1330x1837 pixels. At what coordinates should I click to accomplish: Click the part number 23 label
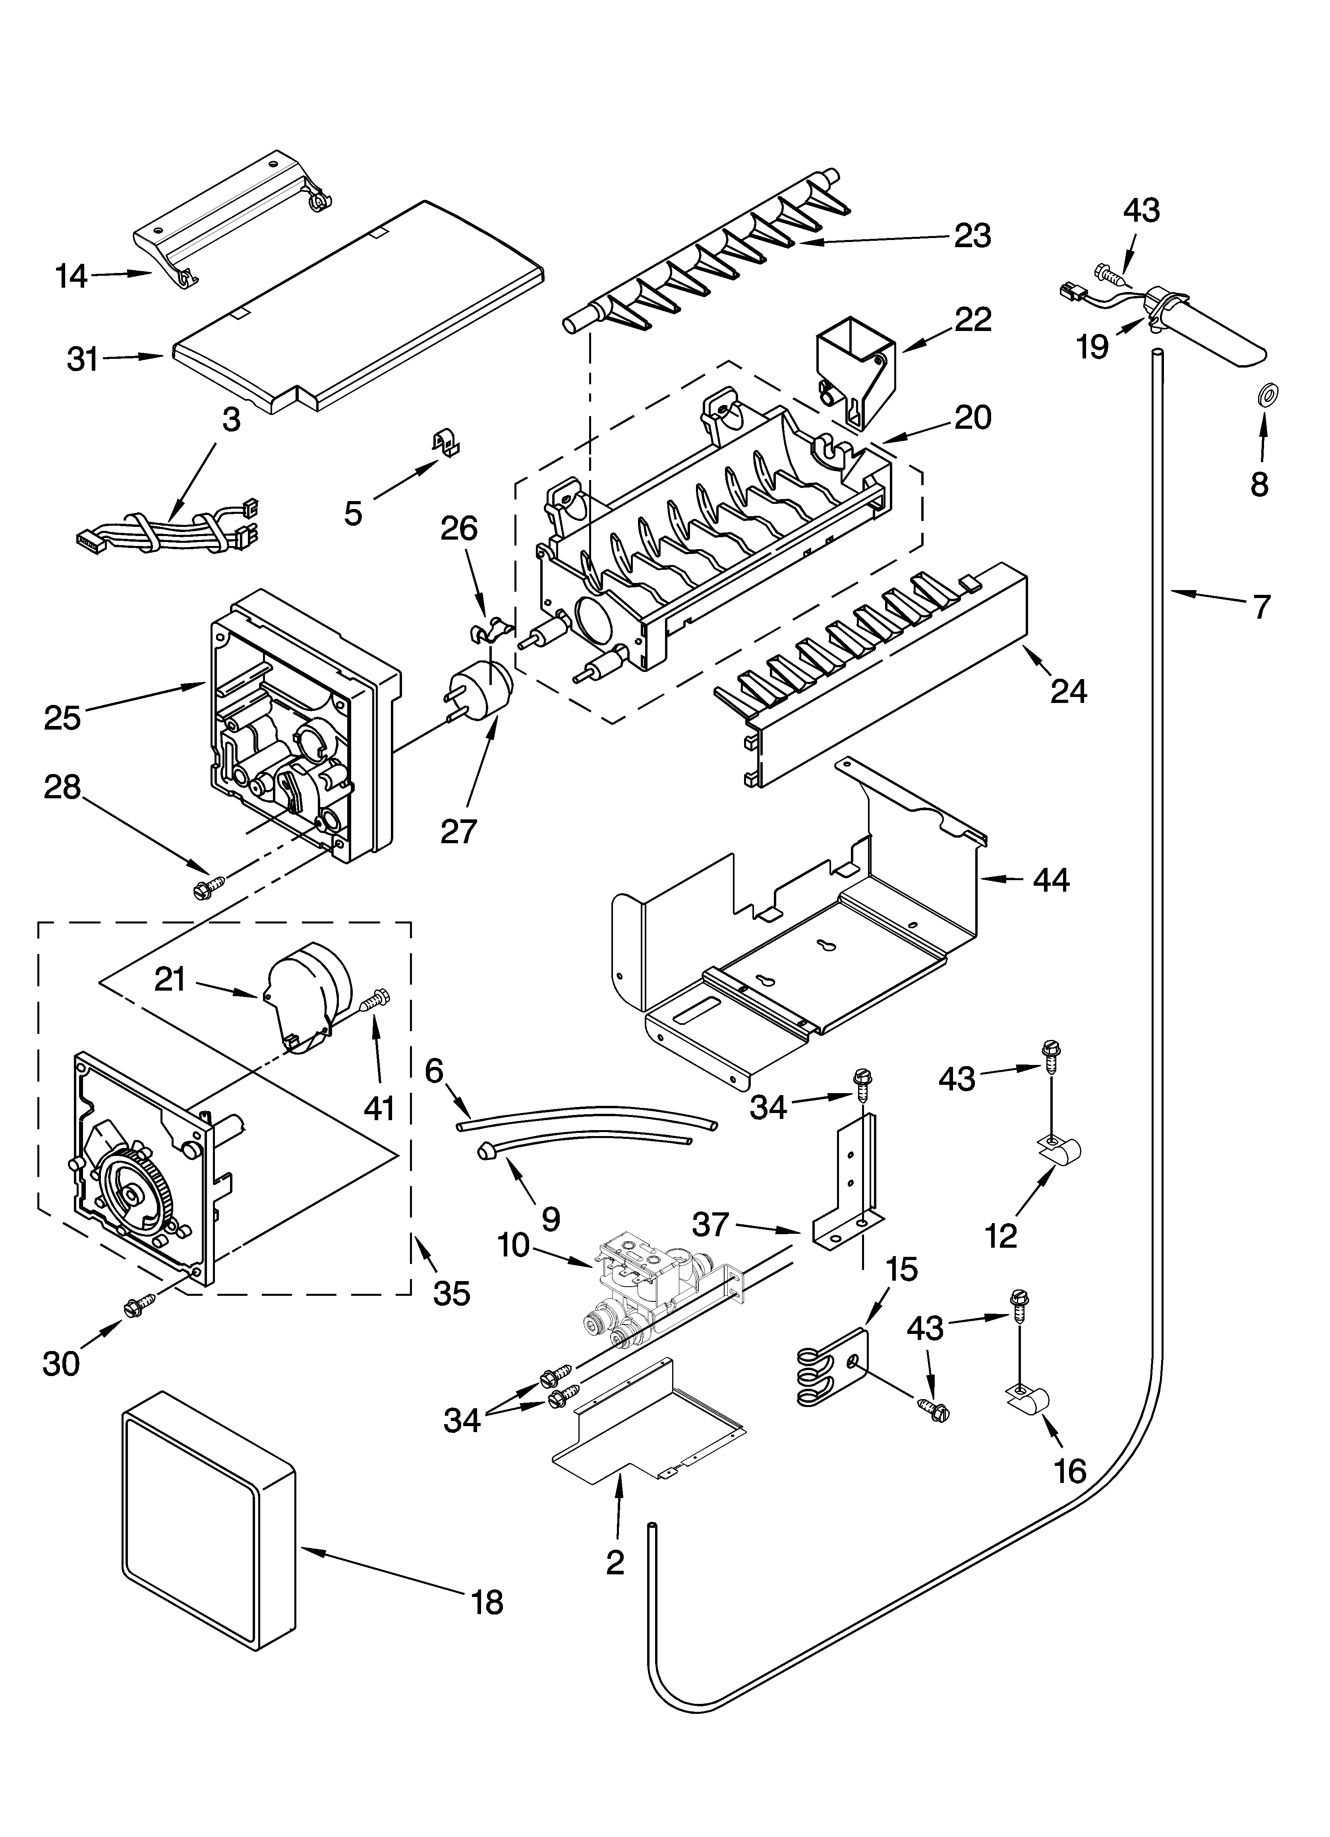coord(972,236)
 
